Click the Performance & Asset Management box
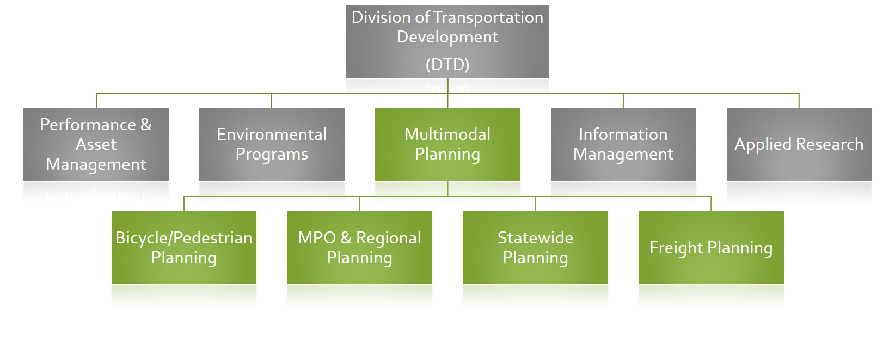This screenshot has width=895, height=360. tap(96, 144)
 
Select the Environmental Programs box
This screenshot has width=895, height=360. tap(272, 144)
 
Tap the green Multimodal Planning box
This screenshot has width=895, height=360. tap(447, 144)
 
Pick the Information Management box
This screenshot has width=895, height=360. tap(623, 144)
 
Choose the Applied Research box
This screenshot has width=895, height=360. tap(799, 144)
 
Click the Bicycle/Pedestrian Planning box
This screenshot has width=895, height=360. tap(184, 248)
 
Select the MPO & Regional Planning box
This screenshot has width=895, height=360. tap(359, 248)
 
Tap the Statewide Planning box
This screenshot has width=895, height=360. tap(535, 248)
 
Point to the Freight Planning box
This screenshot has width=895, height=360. tap(711, 248)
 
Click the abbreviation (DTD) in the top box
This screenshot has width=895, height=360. tap(447, 65)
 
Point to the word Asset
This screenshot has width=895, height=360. tap(96, 144)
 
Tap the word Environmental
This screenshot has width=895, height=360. tap(272, 135)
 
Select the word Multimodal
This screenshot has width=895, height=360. tap(447, 135)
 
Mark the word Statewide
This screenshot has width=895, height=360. tap(535, 238)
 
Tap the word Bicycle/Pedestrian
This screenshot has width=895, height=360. tap(184, 238)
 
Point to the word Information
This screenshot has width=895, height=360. tap(623, 135)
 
